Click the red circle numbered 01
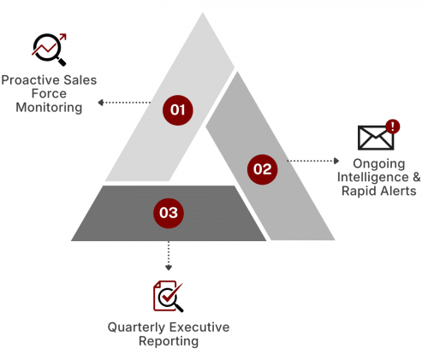pyautogui.click(x=178, y=110)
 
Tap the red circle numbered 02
pyautogui.click(x=262, y=169)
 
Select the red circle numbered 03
pyautogui.click(x=169, y=213)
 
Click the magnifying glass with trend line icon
pyautogui.click(x=50, y=50)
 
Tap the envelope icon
pyautogui.click(x=376, y=138)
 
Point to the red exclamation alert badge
pyautogui.click(x=393, y=127)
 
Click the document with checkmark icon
pyautogui.click(x=168, y=296)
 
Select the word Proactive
pyautogui.click(x=31, y=80)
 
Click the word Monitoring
pyautogui.click(x=49, y=108)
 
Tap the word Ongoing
pyautogui.click(x=379, y=164)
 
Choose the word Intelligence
pyautogui.click(x=373, y=177)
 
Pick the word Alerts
pyautogui.click(x=399, y=191)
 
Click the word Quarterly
pyautogui.click(x=137, y=328)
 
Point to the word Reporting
pyautogui.click(x=169, y=341)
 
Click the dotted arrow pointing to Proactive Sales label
pyautogui.click(x=124, y=103)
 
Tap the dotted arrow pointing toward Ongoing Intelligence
pyautogui.click(x=313, y=161)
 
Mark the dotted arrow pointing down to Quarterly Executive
pyautogui.click(x=169, y=256)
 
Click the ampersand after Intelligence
pyautogui.click(x=417, y=177)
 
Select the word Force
pyautogui.click(x=49, y=93)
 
